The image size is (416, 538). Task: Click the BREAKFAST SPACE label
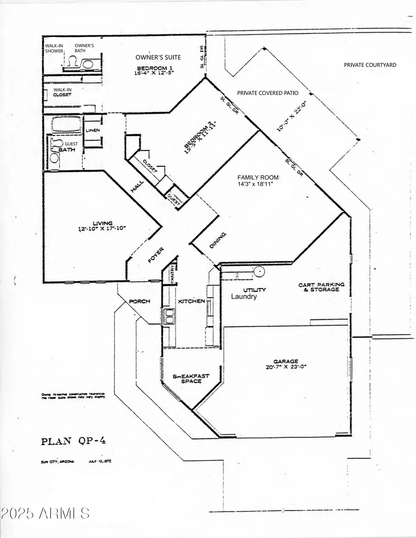(x=191, y=379)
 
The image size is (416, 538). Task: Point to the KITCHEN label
(x=191, y=301)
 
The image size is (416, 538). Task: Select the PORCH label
(x=139, y=301)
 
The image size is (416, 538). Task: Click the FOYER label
(x=156, y=255)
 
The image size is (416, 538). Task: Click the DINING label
(x=218, y=240)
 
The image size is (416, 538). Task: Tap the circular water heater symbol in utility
(x=259, y=272)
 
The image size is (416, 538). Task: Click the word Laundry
(x=244, y=297)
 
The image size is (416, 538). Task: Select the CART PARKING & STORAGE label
(x=321, y=287)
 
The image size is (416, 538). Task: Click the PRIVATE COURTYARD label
(x=370, y=65)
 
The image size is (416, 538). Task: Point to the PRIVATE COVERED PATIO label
(x=267, y=93)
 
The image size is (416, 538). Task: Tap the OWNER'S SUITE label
(x=158, y=57)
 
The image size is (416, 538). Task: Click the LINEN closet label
(x=93, y=130)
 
